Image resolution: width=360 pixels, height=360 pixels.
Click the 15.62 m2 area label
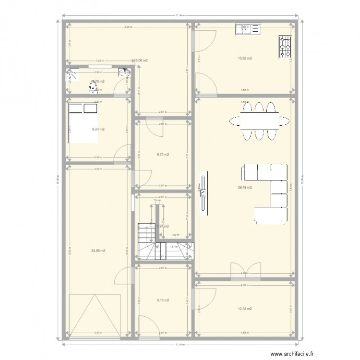coord(245,58)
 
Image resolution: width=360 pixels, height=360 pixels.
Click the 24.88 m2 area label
coord(98,251)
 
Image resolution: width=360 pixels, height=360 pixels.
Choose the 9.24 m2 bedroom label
coord(98,129)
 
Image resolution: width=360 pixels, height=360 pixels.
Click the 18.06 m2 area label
coord(141,60)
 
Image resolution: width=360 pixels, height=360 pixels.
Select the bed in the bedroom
coord(82,122)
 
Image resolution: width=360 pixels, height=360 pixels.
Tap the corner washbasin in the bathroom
coord(125,73)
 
